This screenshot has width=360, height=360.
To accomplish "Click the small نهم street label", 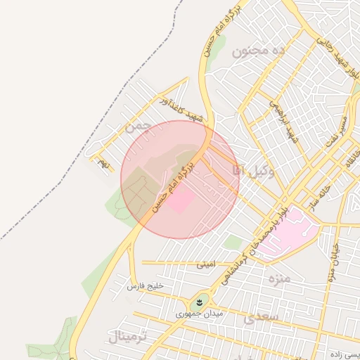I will pos(104,164).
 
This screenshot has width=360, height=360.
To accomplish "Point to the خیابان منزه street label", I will pos(333,261).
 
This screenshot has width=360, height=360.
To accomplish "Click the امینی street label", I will pos(206,265).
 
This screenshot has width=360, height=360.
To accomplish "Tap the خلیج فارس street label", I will pos(145,286).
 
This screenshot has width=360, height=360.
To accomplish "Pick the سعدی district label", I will pos(261,318).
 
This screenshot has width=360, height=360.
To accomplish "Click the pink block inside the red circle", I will pos(181,202).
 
